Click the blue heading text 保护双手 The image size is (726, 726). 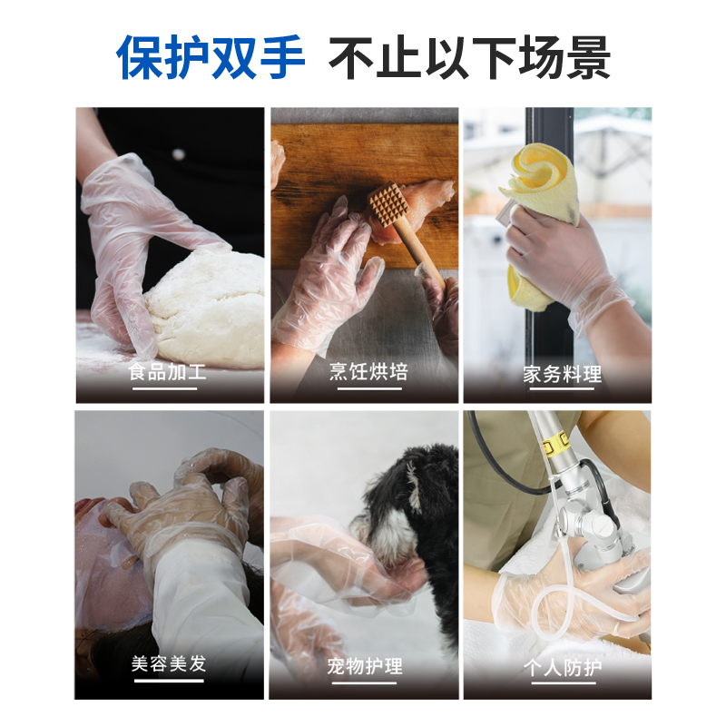click(x=211, y=57)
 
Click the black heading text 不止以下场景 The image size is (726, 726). click(x=469, y=57)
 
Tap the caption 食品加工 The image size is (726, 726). click(x=167, y=372)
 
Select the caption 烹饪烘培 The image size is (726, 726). click(x=368, y=372)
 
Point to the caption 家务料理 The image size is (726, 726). click(x=563, y=374)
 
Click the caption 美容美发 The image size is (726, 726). click(x=169, y=663)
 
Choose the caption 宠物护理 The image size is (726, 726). click(x=365, y=666)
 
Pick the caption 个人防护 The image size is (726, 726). click(x=563, y=668)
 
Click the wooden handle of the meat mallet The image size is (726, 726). click(x=419, y=252)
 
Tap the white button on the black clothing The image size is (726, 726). click(x=178, y=154)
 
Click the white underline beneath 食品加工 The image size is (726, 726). click(x=165, y=388)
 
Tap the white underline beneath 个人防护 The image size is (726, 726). click(x=563, y=682)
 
